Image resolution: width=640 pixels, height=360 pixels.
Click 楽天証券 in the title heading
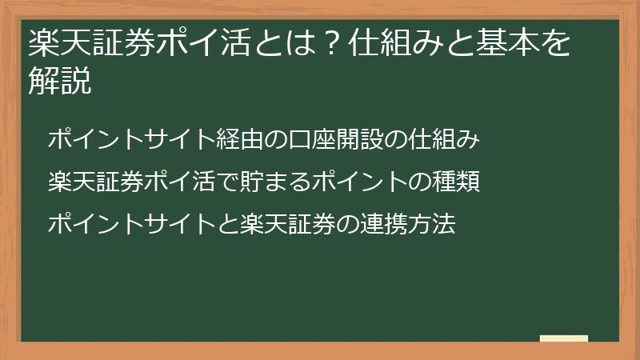point(92,46)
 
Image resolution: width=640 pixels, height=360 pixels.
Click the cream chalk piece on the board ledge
point(563,338)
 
